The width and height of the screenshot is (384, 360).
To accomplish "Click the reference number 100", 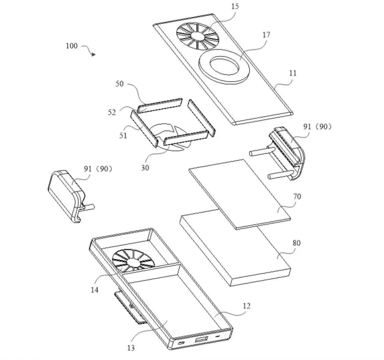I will click(72, 46).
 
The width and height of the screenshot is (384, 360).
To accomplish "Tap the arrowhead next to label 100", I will click(94, 54).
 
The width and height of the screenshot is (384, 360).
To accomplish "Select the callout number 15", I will click(235, 6).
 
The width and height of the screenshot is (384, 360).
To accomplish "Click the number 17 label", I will click(266, 34).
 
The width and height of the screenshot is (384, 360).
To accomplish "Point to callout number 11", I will click(292, 73).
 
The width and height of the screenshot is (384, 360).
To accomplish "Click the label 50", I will click(119, 84).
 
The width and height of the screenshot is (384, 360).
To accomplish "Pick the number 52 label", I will click(112, 112).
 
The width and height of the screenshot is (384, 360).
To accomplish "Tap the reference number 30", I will click(145, 167).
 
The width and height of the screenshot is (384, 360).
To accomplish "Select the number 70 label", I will click(297, 196).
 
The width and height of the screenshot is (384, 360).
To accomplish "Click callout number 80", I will click(296, 243).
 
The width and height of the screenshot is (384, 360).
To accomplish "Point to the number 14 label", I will click(95, 290).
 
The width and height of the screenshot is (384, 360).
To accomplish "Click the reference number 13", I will click(131, 348).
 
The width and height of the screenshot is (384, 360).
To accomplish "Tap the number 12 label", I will click(246, 306).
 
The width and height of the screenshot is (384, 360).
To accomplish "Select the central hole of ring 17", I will click(223, 64).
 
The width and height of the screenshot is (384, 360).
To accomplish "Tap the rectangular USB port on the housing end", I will click(201, 340).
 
